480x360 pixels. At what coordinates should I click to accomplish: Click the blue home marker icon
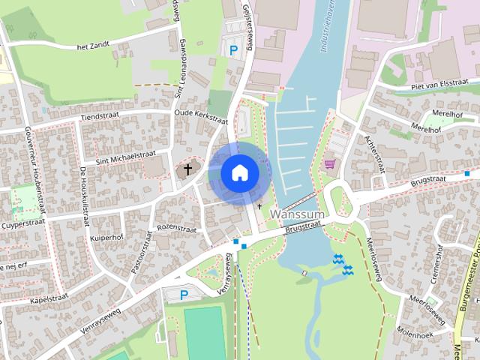(239, 172)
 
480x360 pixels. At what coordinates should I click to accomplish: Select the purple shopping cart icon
(328, 163)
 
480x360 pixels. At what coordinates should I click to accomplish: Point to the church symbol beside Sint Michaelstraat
(187, 170)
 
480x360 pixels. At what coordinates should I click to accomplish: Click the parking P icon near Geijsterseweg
(234, 50)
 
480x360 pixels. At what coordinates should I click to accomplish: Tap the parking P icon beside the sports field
(184, 295)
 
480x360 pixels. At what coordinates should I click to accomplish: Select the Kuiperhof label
(106, 237)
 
